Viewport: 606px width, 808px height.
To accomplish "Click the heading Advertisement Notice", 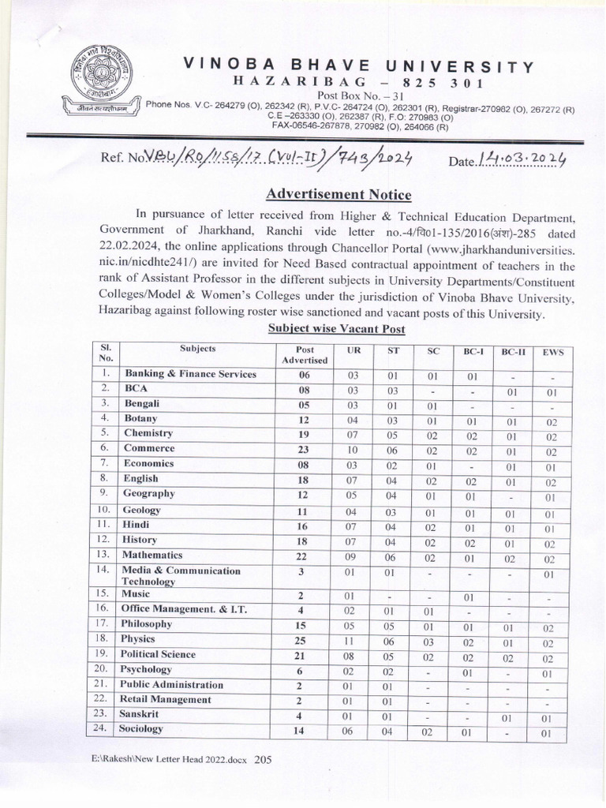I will (339, 193).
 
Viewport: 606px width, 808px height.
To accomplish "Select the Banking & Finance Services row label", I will (190, 374).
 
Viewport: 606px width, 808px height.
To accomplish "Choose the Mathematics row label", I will (153, 555).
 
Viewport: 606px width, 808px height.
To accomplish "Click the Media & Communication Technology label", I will (181, 575).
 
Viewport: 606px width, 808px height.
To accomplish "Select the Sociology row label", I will (141, 728).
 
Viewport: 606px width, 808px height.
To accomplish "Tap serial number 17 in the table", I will (103, 623).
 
